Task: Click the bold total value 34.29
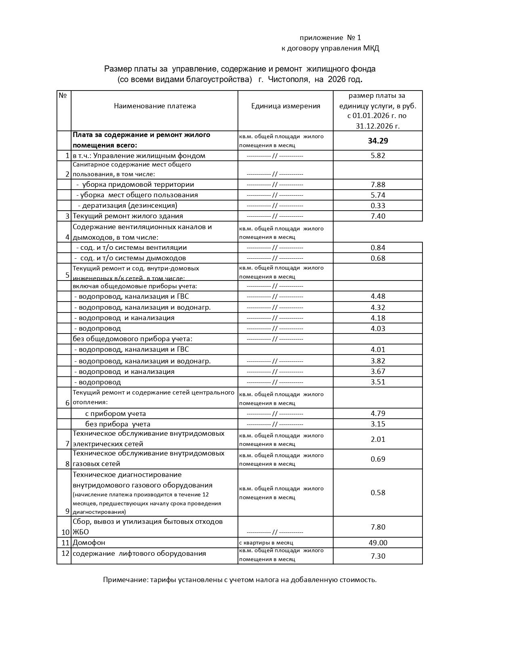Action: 378,141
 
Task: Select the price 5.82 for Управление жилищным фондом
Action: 378,156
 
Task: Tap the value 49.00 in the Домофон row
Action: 378,542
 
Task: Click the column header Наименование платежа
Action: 155,106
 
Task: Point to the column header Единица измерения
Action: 286,106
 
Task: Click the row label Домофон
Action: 89,542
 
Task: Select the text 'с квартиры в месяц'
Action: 266,543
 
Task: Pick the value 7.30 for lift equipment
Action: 378,556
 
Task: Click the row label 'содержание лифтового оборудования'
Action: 139,553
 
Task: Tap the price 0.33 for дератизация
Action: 378,205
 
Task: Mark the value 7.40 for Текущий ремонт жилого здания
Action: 378,216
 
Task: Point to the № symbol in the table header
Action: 63,95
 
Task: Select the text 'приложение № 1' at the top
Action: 330,38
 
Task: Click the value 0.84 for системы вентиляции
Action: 378,247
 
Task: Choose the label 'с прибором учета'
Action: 116,414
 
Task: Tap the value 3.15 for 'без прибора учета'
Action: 378,424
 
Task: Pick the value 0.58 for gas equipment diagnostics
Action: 378,493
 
